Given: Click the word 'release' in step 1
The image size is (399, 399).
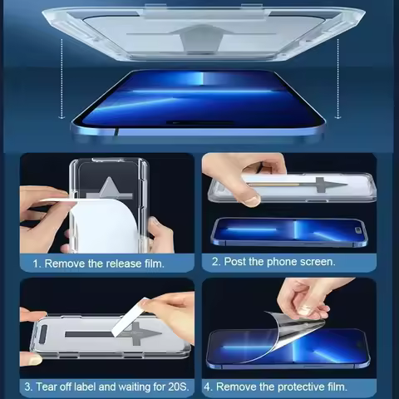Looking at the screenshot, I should pos(115,264).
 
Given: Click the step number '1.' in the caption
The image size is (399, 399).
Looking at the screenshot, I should pos(37,264).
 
